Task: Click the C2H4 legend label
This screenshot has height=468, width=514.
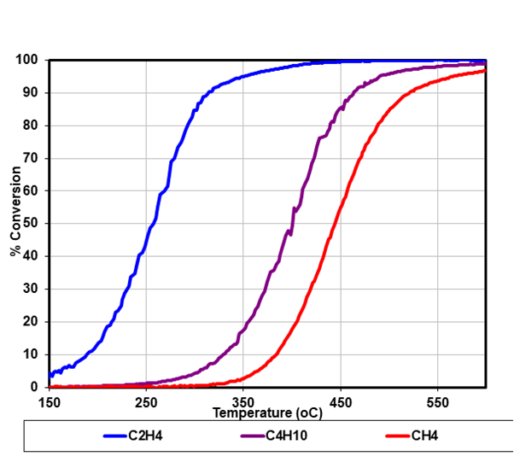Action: coord(145,436)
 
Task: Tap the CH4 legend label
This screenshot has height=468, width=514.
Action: coord(424,436)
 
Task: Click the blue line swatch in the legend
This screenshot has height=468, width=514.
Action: coord(114,436)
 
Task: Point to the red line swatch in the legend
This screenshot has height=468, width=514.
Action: coord(396,436)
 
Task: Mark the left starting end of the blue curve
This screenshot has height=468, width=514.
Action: coord(51,374)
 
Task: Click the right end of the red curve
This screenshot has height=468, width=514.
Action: coord(485,71)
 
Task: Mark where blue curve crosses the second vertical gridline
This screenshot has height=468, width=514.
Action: coord(243,76)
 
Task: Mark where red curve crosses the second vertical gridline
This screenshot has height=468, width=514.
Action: coord(243,378)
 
